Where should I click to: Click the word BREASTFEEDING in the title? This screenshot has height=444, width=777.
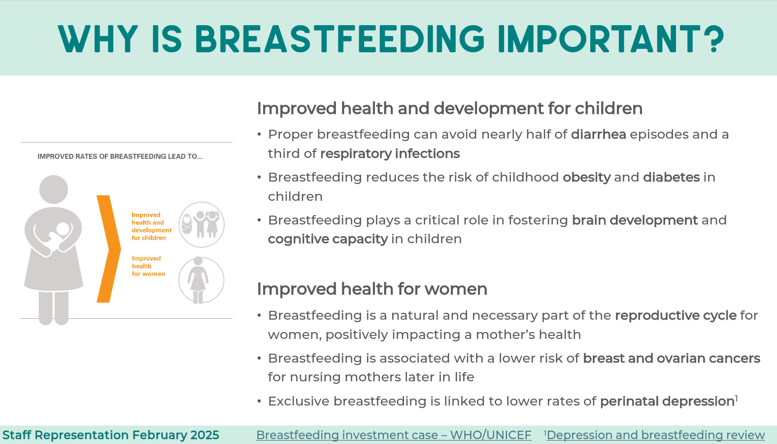click(339, 39)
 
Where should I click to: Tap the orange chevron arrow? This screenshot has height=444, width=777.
click(108, 249)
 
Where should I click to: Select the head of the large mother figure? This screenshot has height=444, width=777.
click(53, 189)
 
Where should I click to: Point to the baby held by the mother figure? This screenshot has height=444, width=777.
click(60, 236)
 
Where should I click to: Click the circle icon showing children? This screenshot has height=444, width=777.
click(202, 225)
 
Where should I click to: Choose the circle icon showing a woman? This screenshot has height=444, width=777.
click(202, 280)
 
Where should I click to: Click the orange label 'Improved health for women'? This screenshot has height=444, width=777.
click(148, 266)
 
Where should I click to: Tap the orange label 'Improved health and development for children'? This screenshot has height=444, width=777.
click(152, 226)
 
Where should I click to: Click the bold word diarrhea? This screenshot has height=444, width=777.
click(598, 135)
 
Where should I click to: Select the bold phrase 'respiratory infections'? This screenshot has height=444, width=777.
click(390, 154)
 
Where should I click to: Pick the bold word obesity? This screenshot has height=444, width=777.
click(586, 178)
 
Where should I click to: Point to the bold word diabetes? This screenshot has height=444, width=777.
click(671, 177)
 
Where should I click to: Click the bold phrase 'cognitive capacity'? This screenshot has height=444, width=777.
click(328, 239)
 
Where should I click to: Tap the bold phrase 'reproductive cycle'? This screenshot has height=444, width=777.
click(676, 316)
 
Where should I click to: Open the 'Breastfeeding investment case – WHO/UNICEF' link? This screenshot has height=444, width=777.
click(394, 435)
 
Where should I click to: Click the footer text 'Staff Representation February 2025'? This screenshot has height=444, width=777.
click(111, 435)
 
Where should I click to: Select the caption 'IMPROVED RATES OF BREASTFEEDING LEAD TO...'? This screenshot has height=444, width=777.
click(120, 157)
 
